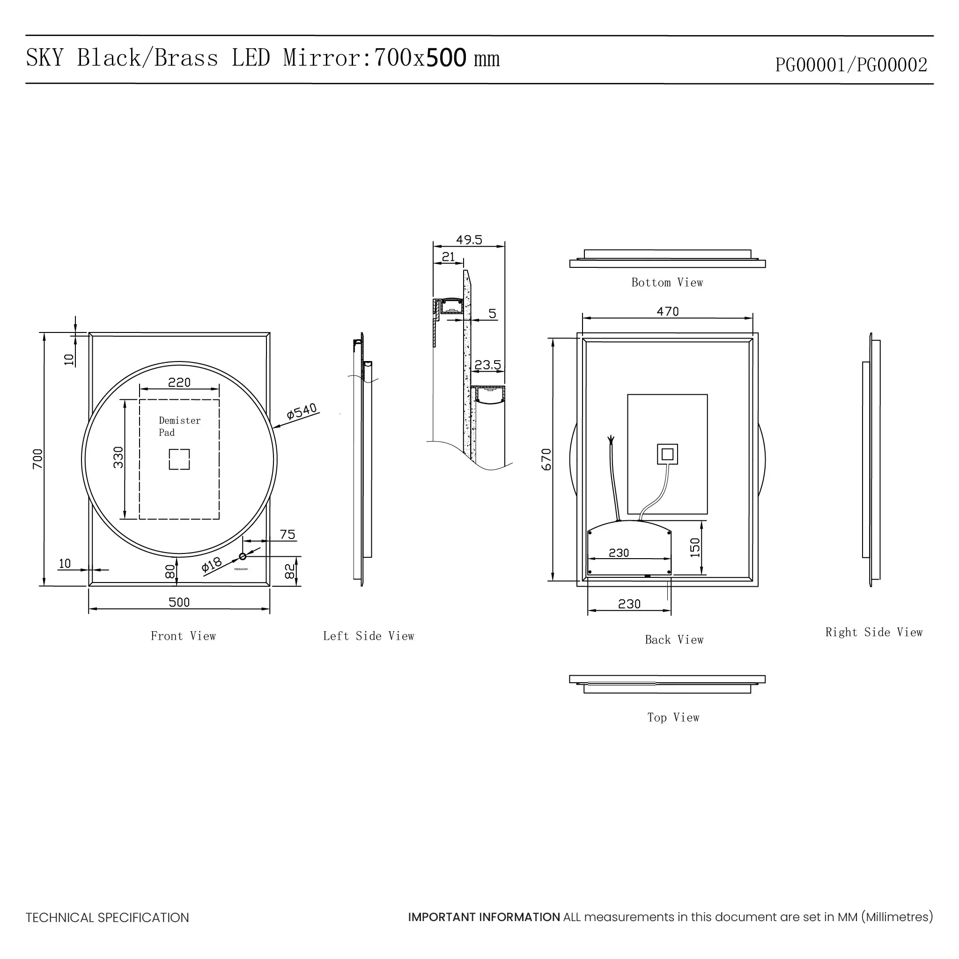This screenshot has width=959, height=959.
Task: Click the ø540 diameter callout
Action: [x=301, y=412]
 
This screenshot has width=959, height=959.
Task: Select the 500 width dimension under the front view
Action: [x=179, y=602]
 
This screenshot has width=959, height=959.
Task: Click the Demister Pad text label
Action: [x=179, y=426]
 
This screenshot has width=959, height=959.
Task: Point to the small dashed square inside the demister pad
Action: [x=179, y=459]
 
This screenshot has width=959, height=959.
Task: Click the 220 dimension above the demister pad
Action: [x=179, y=382]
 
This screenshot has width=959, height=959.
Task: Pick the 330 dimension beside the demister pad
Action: [x=118, y=457]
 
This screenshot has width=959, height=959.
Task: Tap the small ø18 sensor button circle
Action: [x=243, y=556]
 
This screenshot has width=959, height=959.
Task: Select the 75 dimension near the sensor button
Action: [x=288, y=535]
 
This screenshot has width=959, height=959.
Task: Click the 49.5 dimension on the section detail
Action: [x=469, y=240]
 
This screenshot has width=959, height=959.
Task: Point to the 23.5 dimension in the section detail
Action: [x=487, y=365]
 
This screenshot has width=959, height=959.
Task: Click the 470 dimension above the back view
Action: [x=668, y=311]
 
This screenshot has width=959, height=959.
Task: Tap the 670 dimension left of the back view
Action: [x=546, y=459]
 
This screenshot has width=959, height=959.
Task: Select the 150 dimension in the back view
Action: [x=695, y=547]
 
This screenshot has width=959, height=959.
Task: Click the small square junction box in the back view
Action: [x=668, y=454]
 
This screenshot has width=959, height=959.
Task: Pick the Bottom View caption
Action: [x=667, y=282]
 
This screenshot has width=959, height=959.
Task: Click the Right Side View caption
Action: [x=874, y=632]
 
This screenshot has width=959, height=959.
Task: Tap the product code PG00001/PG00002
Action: [x=851, y=65]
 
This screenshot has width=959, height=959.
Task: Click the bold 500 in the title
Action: [x=446, y=58]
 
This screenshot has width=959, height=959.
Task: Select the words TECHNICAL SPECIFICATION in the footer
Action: [x=107, y=917]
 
